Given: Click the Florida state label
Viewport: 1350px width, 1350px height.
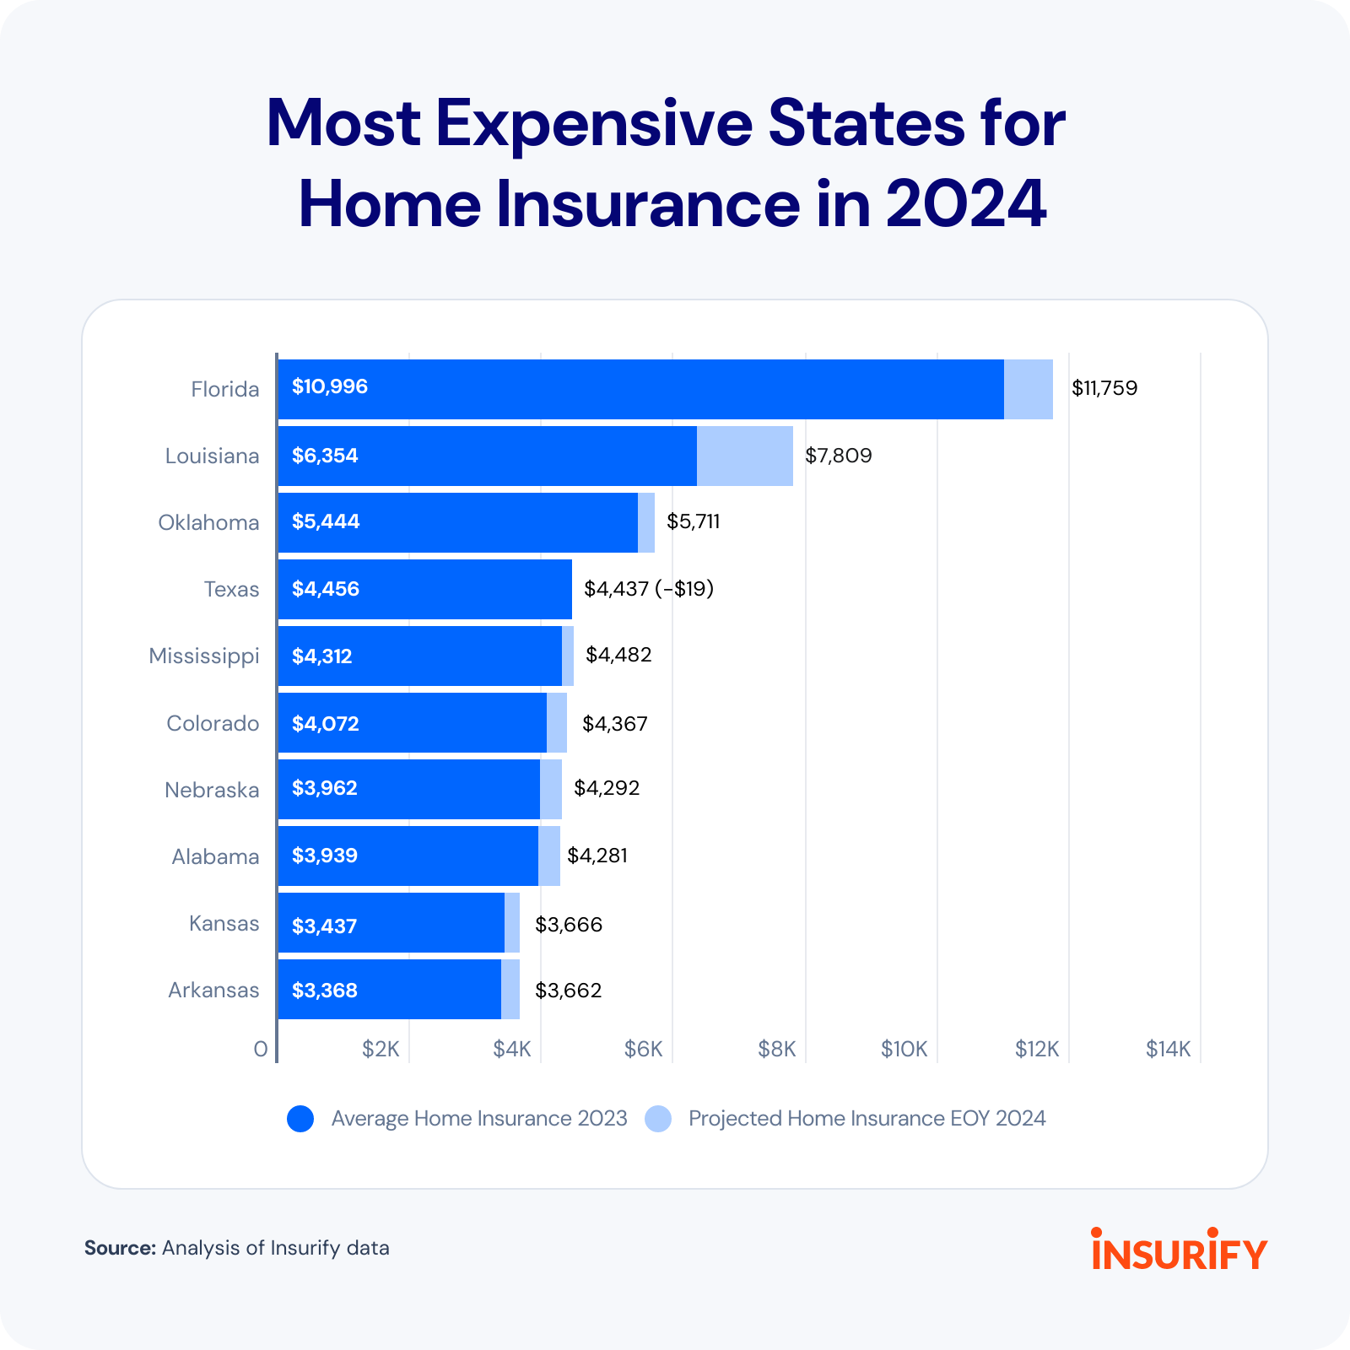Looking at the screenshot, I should click(x=224, y=389).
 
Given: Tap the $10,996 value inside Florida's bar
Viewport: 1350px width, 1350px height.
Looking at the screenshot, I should click(x=330, y=386).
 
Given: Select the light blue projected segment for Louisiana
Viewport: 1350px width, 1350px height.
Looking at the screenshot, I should click(x=744, y=456).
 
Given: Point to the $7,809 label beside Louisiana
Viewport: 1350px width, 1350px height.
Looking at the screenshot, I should click(x=838, y=456).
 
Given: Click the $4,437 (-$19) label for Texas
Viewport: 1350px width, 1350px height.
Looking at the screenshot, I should click(x=648, y=588).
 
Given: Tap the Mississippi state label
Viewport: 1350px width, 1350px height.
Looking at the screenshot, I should click(x=203, y=656).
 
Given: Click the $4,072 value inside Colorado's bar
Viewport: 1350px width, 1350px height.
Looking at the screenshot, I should click(x=326, y=723).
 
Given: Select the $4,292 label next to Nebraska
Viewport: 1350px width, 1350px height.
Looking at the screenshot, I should click(x=607, y=788).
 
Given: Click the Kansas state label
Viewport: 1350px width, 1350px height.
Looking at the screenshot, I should click(x=224, y=923).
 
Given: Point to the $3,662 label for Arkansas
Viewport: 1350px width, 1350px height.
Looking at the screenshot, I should click(x=568, y=990).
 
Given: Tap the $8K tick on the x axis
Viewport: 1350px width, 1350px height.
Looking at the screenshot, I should click(x=776, y=1049).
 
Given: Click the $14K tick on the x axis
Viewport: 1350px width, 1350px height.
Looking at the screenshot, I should click(x=1168, y=1049).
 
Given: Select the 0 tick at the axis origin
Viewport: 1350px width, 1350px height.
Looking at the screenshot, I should click(x=261, y=1049).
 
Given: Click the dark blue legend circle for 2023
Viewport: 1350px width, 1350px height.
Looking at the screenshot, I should click(x=300, y=1119).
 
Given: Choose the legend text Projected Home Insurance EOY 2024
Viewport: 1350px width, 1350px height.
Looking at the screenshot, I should click(x=867, y=1119).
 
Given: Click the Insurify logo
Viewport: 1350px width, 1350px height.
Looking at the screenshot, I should click(x=1179, y=1250).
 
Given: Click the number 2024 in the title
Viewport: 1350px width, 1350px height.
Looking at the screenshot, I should click(x=965, y=204).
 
